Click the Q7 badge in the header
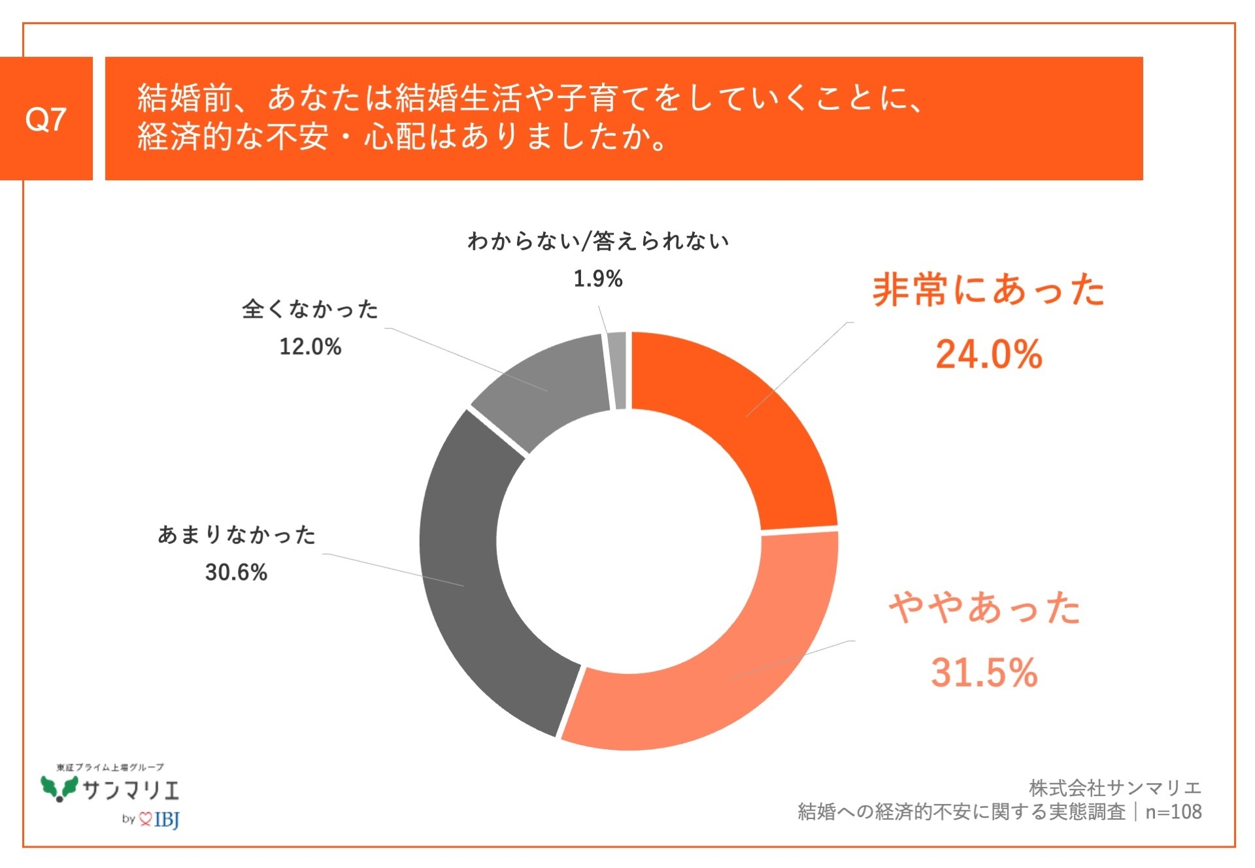(x=46, y=119)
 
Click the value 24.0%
(x=988, y=355)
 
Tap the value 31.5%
(x=984, y=672)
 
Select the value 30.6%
(x=236, y=572)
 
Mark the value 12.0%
(x=310, y=346)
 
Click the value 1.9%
(x=597, y=279)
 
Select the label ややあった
(x=984, y=607)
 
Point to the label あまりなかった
(x=237, y=534)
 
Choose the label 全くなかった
(x=310, y=308)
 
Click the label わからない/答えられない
(x=598, y=241)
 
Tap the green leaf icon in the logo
(x=59, y=788)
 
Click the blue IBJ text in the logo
(x=167, y=819)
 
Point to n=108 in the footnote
(x=1173, y=812)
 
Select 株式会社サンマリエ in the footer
(x=1114, y=788)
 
